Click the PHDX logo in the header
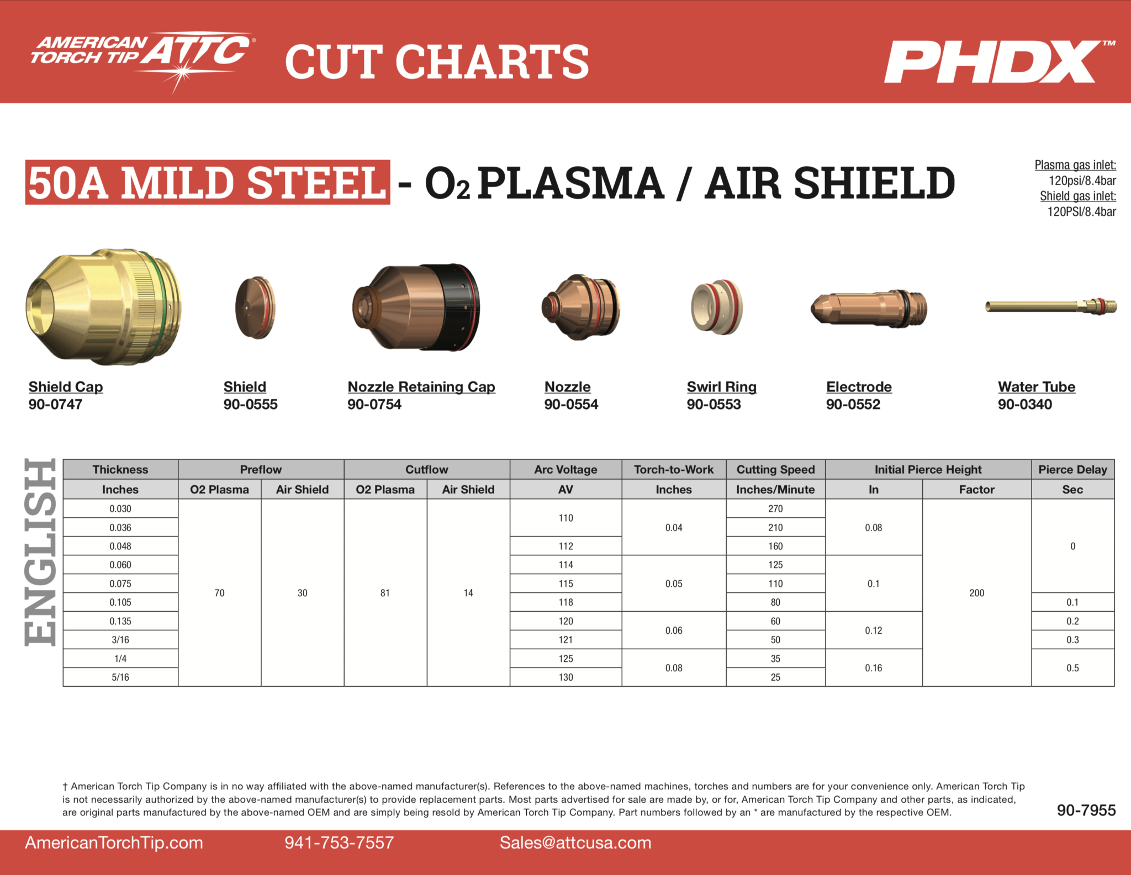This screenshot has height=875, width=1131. coord(1000,61)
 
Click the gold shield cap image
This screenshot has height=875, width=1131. coord(103,306)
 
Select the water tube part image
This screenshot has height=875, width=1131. coord(1051,306)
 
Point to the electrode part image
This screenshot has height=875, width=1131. coord(869,309)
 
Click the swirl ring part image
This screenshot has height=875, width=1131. coord(717,307)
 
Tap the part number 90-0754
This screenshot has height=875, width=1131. coord(374,404)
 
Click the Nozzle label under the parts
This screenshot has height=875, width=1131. coord(567,386)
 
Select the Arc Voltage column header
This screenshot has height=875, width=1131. coord(565,469)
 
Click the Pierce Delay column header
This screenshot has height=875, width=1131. coord(1072,469)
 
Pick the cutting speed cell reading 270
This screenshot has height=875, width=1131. coord(775,508)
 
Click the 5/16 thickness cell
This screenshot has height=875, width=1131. coord(120,677)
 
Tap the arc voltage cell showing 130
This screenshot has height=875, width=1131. coord(565,677)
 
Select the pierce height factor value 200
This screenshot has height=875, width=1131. coord(976,593)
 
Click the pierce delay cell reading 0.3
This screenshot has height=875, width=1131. coord(1072,639)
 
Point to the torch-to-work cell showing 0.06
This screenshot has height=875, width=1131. coord(674,630)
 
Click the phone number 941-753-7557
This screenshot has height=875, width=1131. coord(339,842)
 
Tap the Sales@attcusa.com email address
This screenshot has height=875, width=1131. coord(575,842)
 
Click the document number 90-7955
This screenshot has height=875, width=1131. coord(1086,810)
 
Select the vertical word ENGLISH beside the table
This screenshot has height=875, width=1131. coord(40,552)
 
